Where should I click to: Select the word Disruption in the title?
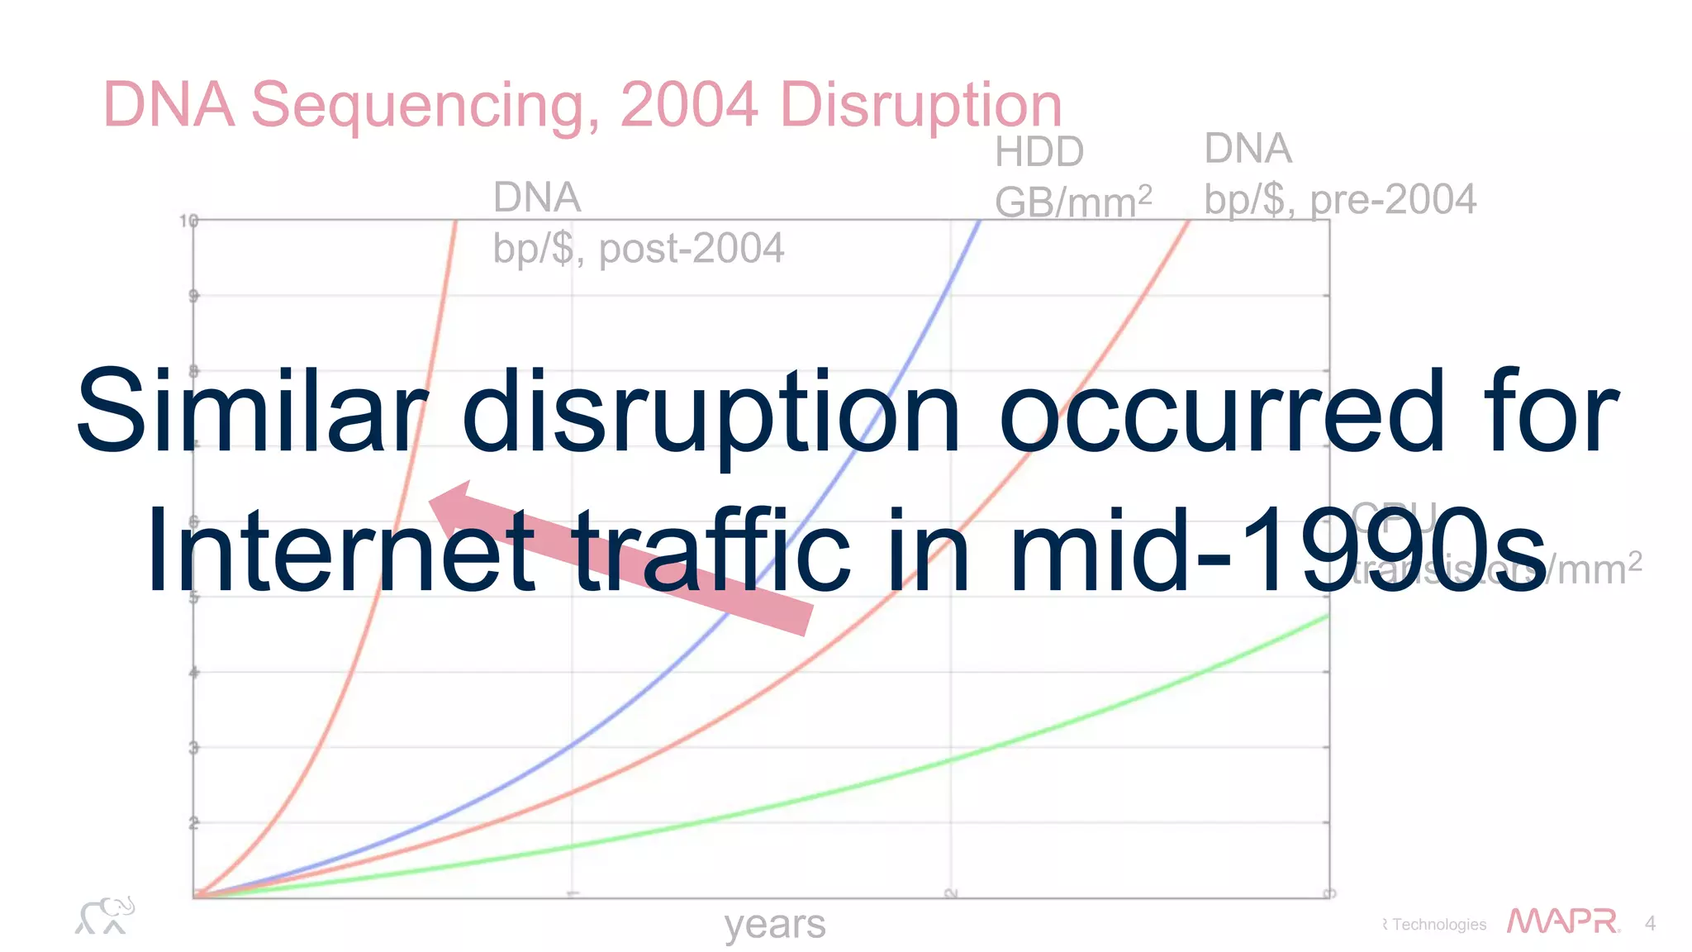(920, 106)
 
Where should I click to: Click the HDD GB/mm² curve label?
(1072, 178)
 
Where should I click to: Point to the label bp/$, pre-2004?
(1339, 199)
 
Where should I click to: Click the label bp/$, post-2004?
(638, 249)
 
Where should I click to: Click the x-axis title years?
(774, 924)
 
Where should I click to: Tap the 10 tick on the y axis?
(188, 221)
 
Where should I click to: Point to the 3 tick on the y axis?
(193, 748)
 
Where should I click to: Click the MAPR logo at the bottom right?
(1562, 921)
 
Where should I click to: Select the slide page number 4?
(1650, 923)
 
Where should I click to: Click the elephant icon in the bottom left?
(105, 916)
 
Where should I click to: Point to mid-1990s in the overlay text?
(1276, 552)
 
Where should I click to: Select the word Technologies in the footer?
(1438, 924)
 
